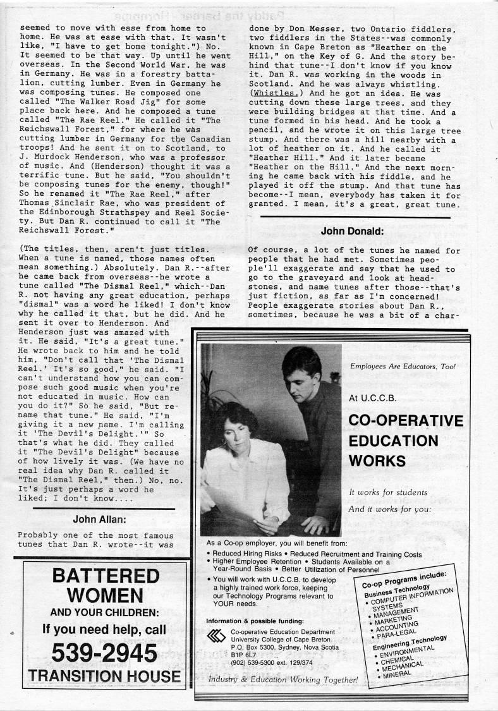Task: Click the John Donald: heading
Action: (353, 231)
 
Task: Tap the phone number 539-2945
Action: (104, 652)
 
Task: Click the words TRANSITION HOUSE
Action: (104, 676)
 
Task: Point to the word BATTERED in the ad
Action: (105, 576)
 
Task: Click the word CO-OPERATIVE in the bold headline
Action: (405, 421)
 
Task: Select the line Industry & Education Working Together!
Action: (283, 679)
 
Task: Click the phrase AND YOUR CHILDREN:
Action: (104, 612)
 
